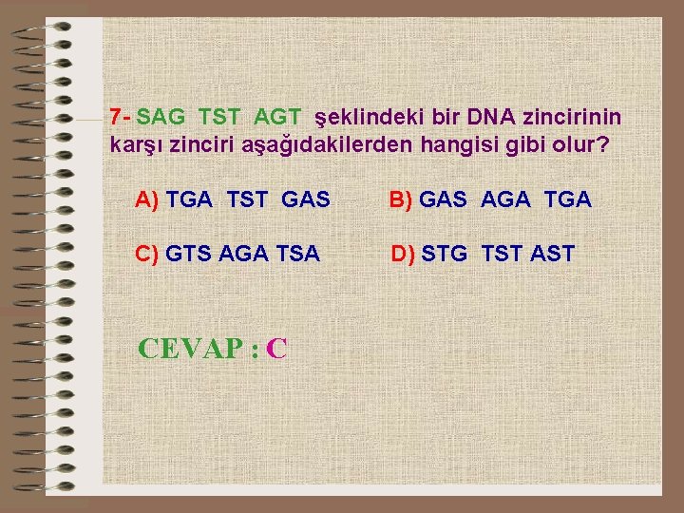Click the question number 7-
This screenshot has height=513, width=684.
pyautogui.click(x=120, y=117)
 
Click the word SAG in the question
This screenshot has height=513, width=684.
pyautogui.click(x=162, y=117)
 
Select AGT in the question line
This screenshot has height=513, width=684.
pyautogui.click(x=277, y=117)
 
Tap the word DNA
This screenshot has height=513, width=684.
pyautogui.click(x=487, y=117)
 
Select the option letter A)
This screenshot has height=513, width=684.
pyautogui.click(x=148, y=199)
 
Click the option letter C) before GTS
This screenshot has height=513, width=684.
pyautogui.click(x=148, y=254)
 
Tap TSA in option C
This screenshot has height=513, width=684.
pyautogui.click(x=298, y=254)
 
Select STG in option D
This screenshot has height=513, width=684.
pyautogui.click(x=445, y=254)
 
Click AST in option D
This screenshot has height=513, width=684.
pyautogui.click(x=553, y=254)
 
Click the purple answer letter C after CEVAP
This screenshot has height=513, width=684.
pyautogui.click(x=276, y=349)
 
